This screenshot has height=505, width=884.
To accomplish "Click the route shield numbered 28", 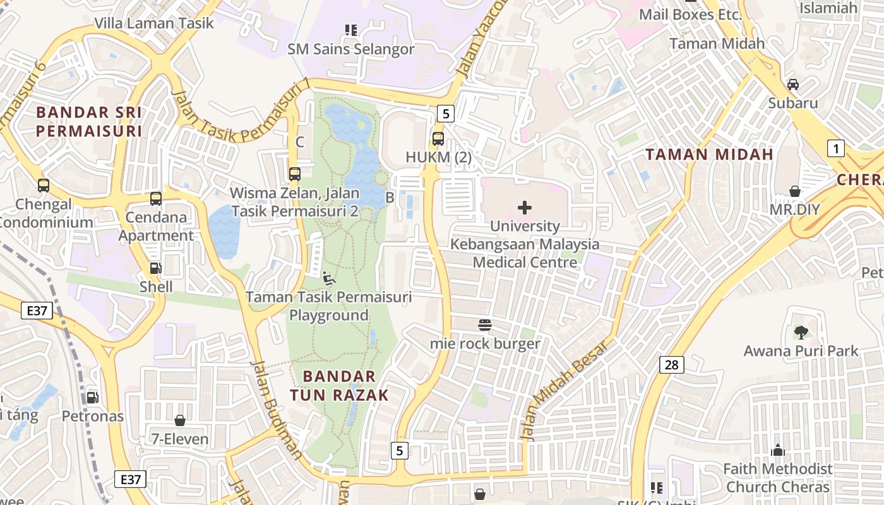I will (671, 364).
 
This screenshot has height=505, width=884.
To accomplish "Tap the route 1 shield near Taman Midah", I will (835, 149).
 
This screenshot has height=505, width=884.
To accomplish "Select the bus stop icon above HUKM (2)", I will (438, 139).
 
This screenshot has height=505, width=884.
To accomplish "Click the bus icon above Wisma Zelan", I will (294, 174).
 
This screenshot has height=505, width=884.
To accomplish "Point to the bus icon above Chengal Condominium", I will (44, 186).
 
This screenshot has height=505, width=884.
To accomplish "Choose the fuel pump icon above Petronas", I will (92, 397).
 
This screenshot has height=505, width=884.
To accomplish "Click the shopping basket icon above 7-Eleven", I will (180, 420).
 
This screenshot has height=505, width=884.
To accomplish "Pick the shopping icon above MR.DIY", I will (794, 191).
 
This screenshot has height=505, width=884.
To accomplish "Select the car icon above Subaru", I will (793, 85).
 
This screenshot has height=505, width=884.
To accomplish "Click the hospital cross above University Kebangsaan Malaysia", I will (524, 208).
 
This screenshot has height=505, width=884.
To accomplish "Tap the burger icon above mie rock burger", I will (485, 325).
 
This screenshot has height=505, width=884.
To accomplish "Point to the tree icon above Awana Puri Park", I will (801, 332).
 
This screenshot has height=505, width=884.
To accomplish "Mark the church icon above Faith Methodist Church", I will (778, 450).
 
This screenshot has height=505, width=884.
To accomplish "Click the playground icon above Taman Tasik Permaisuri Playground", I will (328, 278).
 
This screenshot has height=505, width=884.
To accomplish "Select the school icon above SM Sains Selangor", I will (351, 30).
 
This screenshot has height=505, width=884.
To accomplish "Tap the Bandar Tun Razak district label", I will (339, 386).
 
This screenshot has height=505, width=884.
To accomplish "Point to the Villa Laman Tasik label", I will (154, 23).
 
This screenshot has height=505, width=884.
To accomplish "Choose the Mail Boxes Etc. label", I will (690, 14).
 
